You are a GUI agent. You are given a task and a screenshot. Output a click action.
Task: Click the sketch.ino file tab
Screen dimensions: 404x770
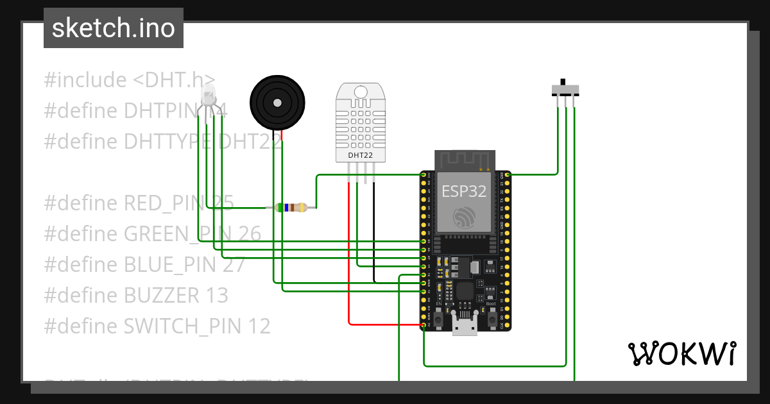(x=114, y=28)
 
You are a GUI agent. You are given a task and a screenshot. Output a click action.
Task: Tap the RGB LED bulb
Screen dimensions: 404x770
(x=209, y=96)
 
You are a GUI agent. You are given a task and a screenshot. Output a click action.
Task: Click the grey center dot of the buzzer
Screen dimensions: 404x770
(x=277, y=103)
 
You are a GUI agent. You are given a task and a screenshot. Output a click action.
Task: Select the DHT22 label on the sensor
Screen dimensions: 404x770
(x=361, y=155)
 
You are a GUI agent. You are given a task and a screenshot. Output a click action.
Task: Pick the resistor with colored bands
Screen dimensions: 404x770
(x=291, y=207)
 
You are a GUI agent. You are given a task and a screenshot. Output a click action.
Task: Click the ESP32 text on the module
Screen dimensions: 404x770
(x=464, y=190)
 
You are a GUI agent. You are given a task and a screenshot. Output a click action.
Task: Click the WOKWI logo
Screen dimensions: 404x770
(x=681, y=353)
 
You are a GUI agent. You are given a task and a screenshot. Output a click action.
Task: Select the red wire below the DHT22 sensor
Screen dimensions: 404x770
(x=349, y=257)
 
